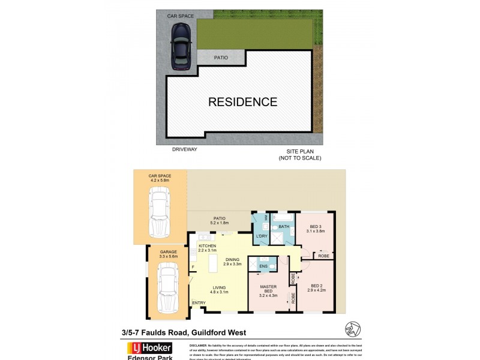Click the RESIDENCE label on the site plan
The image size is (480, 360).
(242, 102)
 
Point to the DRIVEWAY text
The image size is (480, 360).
(184, 149)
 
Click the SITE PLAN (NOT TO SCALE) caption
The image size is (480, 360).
(300, 154)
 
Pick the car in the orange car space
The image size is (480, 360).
(160, 214)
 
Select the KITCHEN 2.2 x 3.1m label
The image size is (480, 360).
(207, 247)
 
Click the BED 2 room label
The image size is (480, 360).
(316, 288)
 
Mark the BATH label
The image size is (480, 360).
(284, 226)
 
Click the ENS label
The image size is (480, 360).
(263, 265)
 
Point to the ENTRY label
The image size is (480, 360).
(199, 302)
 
